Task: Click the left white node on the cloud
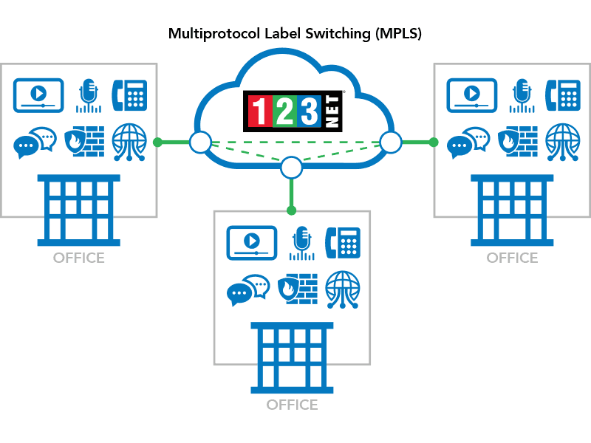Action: tap(199, 142)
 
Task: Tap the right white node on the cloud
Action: tap(390, 141)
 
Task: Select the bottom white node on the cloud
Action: tap(292, 168)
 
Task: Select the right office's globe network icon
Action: tap(563, 142)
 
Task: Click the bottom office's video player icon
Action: tap(251, 242)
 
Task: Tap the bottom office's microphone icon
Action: tap(301, 242)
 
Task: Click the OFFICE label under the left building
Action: tap(78, 258)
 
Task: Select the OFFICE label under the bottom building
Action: tap(292, 405)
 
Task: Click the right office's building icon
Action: tap(512, 210)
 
